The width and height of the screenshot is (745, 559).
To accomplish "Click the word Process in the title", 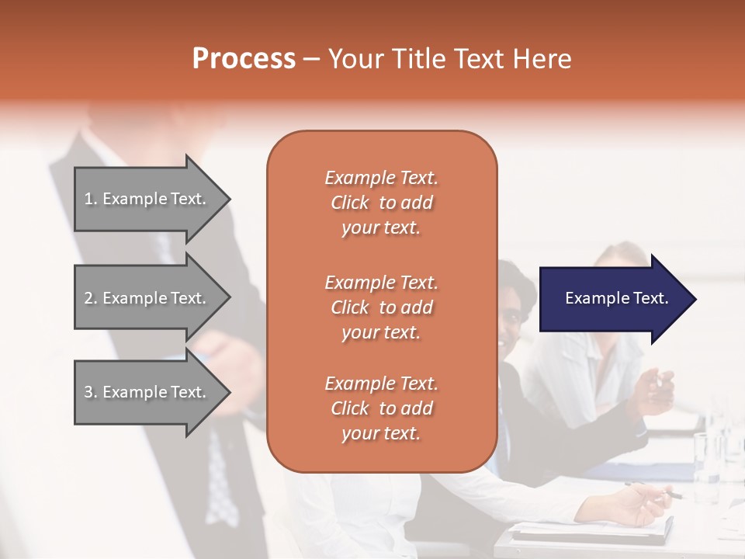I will [244, 59].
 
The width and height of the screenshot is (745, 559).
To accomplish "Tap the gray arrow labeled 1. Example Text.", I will [147, 199].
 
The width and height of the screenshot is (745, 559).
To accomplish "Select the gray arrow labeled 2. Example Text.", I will [147, 298].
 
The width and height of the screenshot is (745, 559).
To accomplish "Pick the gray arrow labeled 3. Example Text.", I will [147, 392].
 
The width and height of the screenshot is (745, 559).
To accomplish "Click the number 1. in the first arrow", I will [91, 199].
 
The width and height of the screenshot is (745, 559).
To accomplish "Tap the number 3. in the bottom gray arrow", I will [91, 392].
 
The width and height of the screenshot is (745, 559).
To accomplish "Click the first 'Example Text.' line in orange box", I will [381, 178].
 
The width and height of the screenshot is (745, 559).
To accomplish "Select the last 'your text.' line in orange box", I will [381, 433].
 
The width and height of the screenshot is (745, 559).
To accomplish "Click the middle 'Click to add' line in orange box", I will [381, 307].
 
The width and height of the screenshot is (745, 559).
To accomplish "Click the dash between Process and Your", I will [311, 59].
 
